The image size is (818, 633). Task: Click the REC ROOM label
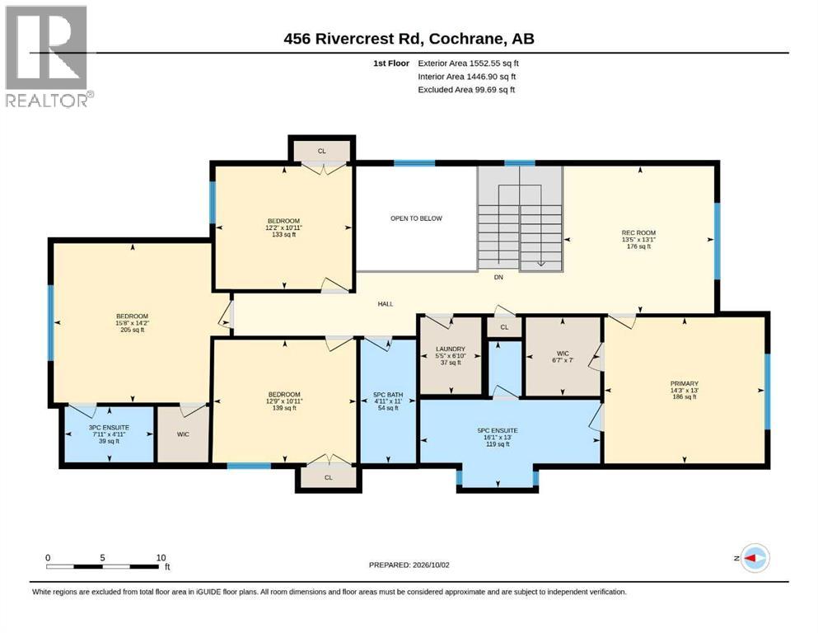click(x=638, y=232)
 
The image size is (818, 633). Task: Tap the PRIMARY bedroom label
click(x=685, y=383)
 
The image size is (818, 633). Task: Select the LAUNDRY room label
click(x=451, y=349)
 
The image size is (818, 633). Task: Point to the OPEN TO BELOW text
click(x=416, y=218)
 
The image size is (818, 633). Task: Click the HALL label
click(x=386, y=303)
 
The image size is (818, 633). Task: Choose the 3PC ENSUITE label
click(x=109, y=428)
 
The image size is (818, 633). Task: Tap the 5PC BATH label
click(x=388, y=395)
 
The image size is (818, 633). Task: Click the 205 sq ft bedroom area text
click(x=133, y=330)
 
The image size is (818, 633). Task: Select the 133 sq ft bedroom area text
click(x=284, y=234)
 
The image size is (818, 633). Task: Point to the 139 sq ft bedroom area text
click(x=284, y=408)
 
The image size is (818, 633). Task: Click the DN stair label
click(x=498, y=277)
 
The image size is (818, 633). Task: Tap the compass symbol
click(x=755, y=558)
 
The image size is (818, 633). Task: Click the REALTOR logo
click(x=49, y=56)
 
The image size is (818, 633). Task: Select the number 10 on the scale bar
click(x=161, y=557)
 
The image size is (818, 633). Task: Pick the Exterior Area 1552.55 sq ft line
click(x=468, y=63)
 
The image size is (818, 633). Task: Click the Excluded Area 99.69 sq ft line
click(x=466, y=89)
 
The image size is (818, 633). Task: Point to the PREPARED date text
click(x=409, y=565)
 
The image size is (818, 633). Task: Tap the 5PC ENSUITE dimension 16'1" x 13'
click(x=498, y=438)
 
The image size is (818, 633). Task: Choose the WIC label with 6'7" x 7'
click(x=563, y=357)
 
